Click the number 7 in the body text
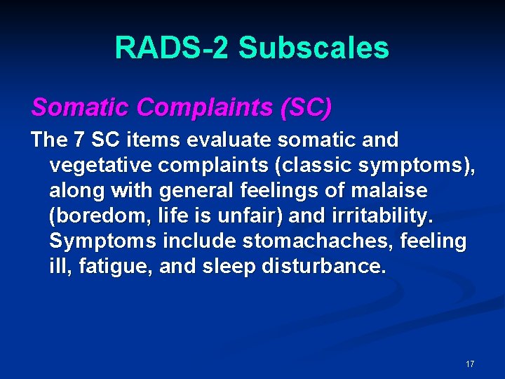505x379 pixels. click(81, 140)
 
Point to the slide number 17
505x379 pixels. click(469, 364)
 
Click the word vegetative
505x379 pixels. click(100, 166)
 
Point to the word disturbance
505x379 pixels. click(331, 267)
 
